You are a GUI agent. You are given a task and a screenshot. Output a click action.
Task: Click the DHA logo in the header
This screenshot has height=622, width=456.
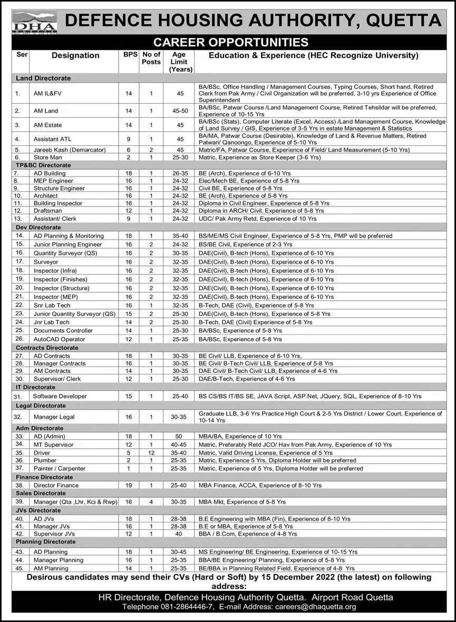pos(34,22)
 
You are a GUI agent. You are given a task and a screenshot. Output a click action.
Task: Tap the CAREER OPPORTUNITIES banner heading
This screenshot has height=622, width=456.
pos(230,42)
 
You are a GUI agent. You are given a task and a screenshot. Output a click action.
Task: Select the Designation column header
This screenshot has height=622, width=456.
pos(75,55)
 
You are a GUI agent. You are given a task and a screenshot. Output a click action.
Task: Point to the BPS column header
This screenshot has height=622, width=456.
pos(129,55)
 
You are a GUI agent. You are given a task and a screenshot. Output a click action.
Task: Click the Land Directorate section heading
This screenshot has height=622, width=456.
pos(43,78)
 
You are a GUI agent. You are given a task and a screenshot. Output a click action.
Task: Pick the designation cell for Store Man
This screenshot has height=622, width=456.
pos(47,157)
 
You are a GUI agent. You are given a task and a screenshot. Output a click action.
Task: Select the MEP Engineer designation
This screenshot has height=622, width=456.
pos(53,181)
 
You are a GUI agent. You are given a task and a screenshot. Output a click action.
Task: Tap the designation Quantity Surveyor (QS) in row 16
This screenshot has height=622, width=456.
pos(66,253)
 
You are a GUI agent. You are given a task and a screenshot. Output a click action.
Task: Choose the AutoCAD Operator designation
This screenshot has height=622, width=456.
pos(59,339)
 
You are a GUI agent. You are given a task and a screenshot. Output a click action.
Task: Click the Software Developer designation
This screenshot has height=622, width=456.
pos(60,396)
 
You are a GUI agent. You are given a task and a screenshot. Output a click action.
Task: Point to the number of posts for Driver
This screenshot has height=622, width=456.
pos(151,452)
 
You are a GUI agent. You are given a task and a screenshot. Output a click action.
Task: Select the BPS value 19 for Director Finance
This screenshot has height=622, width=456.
pos(129,485)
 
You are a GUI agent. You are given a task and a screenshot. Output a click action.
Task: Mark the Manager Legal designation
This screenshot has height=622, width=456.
pos(55,417)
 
